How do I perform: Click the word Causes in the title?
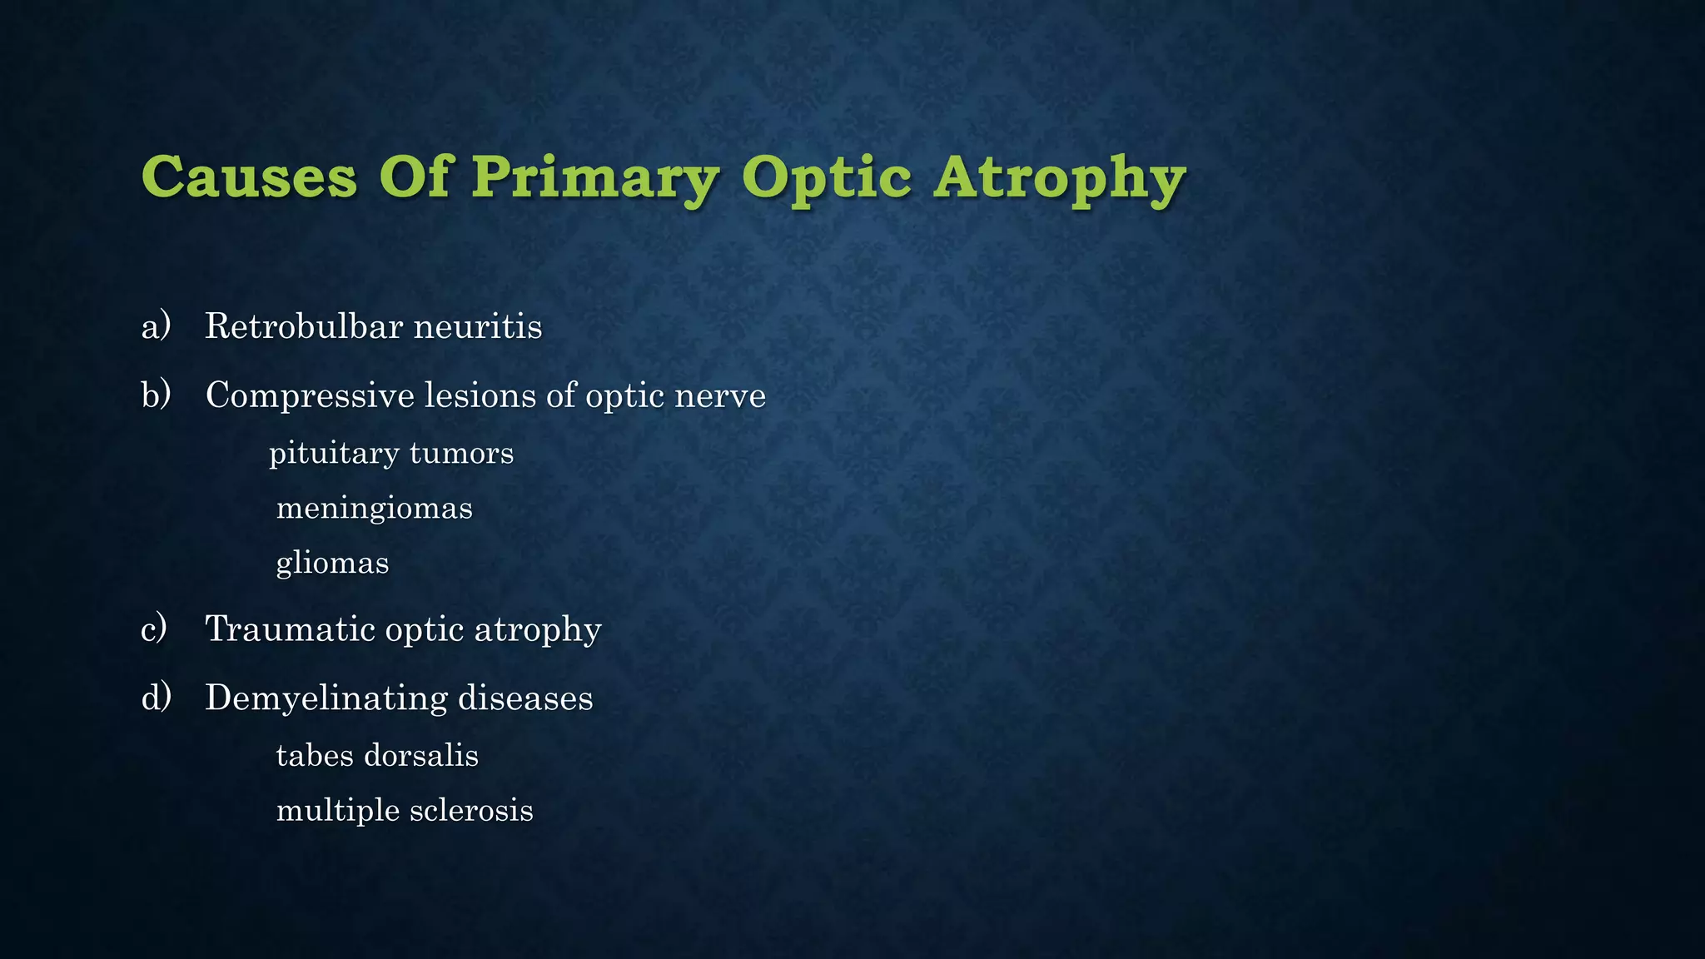click(249, 177)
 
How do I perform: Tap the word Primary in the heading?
click(594, 179)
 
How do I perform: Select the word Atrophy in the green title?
click(1059, 179)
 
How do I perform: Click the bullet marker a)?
click(156, 325)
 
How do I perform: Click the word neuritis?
click(478, 325)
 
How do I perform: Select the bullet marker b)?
click(156, 395)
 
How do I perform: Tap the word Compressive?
click(310, 395)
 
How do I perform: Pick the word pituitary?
click(334, 454)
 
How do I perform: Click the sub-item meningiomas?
click(374, 509)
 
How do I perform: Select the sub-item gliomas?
click(332, 564)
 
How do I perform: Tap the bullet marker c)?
click(154, 629)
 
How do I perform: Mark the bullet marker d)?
click(156, 698)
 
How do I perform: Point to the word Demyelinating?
click(325, 698)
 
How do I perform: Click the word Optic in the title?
click(826, 179)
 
